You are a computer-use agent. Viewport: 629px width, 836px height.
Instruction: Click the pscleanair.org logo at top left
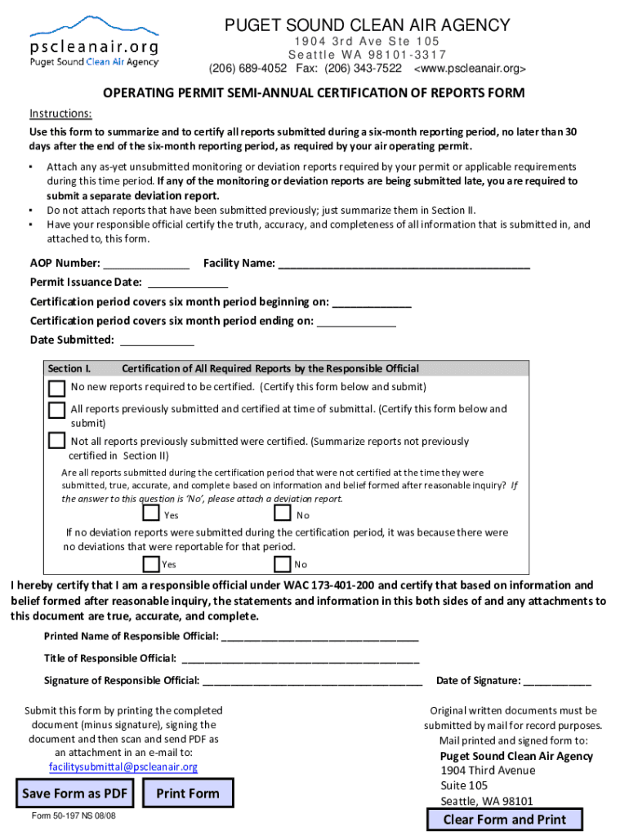(95, 41)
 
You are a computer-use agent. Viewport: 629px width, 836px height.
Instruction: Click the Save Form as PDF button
(74, 793)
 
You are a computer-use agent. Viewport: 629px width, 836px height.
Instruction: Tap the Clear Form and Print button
(504, 820)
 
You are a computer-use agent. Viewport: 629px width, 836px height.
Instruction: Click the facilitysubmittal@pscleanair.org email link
(123, 767)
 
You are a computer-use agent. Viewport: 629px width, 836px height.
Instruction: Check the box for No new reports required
(56, 387)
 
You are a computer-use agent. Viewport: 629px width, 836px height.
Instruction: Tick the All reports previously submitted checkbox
(56, 409)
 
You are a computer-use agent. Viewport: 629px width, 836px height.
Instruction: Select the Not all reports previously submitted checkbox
(56, 441)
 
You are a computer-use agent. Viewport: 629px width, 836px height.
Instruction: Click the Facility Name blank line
(404, 264)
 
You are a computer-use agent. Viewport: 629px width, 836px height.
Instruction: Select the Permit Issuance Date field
(186, 282)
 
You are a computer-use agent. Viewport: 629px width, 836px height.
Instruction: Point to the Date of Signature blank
(557, 681)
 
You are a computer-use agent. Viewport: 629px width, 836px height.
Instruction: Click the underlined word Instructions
(60, 113)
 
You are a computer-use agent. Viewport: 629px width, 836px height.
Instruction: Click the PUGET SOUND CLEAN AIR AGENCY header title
(368, 25)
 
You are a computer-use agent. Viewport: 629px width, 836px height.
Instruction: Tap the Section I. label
(69, 369)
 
